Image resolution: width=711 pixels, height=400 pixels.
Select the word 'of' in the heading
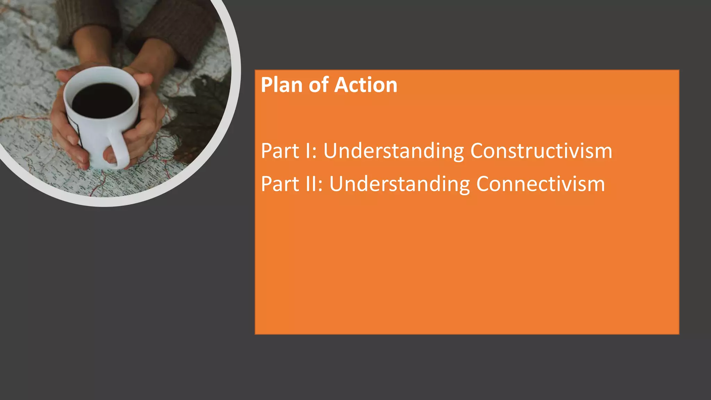[x=318, y=85]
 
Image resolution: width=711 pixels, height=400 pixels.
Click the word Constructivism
[x=541, y=151]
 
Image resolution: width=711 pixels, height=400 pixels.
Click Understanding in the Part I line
[x=393, y=151]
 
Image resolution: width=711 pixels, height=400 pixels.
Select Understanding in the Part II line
[x=399, y=184]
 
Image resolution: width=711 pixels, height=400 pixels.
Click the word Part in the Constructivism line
[x=280, y=151]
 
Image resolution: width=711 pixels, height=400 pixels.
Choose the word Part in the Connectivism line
[x=280, y=184]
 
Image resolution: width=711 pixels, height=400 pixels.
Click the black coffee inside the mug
[x=102, y=101]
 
